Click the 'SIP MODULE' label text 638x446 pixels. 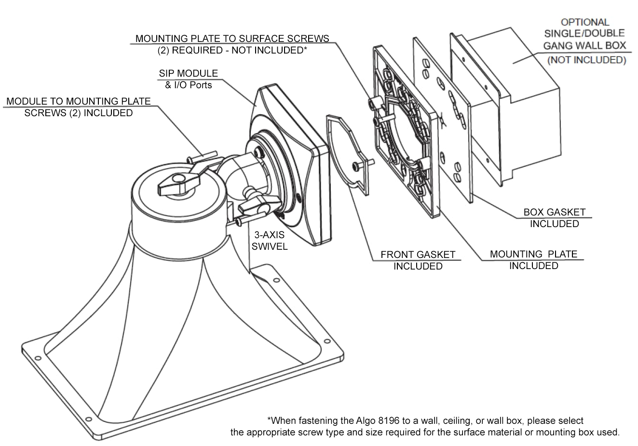coord(188,74)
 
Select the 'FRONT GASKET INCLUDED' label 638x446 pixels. coord(418,260)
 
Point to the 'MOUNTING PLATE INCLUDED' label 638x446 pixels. coord(533,260)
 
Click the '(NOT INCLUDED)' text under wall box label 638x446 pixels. coord(586,60)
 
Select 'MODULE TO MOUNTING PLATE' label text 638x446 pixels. coord(79,101)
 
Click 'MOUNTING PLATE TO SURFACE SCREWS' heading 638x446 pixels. coord(232,39)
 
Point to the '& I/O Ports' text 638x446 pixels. coord(185,85)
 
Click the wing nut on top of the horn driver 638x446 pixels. coord(172,184)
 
